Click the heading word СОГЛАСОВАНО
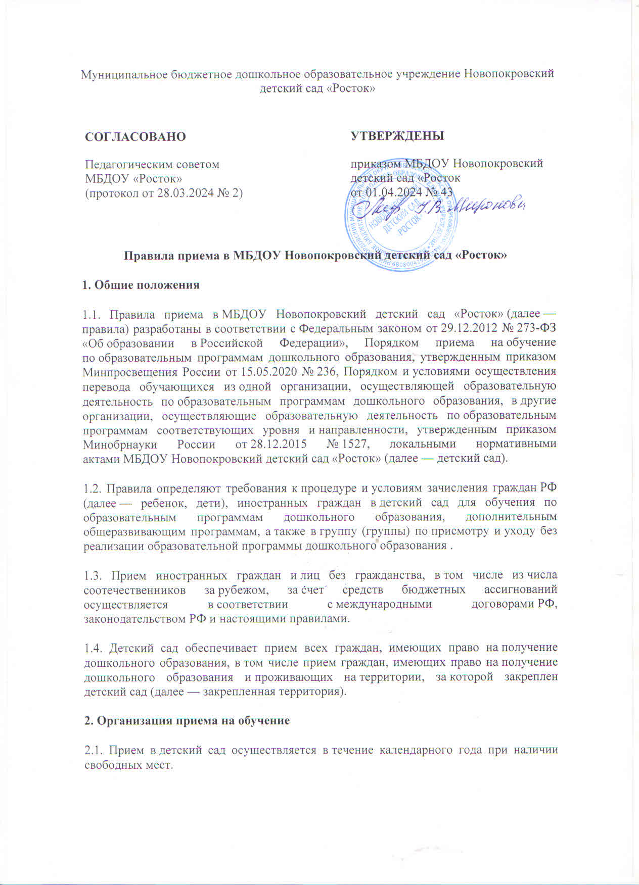tap(135, 137)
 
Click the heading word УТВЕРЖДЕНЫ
tap(397, 136)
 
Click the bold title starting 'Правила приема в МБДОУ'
tap(316, 256)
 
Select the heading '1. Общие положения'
tap(141, 285)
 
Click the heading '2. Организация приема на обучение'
tap(187, 721)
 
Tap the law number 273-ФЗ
tap(537, 327)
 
